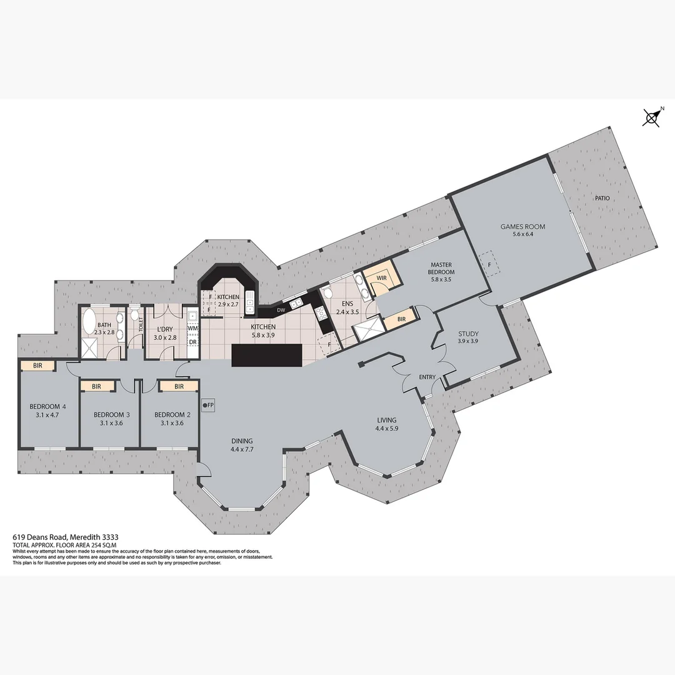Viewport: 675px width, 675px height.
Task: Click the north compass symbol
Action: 652,117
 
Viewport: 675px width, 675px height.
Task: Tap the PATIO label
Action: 602,198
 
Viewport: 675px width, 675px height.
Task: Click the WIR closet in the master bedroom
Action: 381,277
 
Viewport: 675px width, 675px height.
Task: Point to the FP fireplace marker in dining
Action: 208,404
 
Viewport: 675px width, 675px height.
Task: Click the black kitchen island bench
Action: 267,356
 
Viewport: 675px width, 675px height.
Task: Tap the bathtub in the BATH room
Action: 89,324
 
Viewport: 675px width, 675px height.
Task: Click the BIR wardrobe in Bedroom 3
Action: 97,387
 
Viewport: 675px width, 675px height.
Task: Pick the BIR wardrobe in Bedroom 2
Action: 178,386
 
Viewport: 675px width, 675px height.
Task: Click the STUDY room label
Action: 468,334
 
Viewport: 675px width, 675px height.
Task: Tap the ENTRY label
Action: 427,377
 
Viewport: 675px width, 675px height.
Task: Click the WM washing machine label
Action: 192,328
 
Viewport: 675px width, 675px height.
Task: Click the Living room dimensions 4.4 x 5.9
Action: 386,429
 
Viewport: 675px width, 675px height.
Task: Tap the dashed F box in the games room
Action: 488,264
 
